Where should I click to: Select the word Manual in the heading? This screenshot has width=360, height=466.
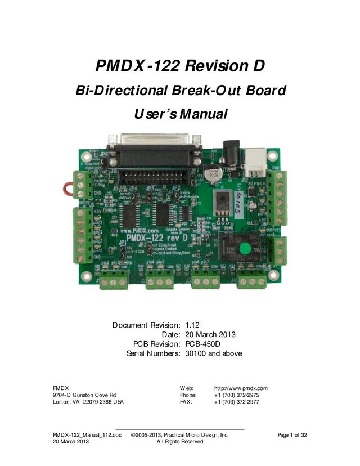pos(201,114)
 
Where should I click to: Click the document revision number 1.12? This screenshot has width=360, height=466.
pos(192,325)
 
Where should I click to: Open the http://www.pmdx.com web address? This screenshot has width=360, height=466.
pos(241,388)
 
